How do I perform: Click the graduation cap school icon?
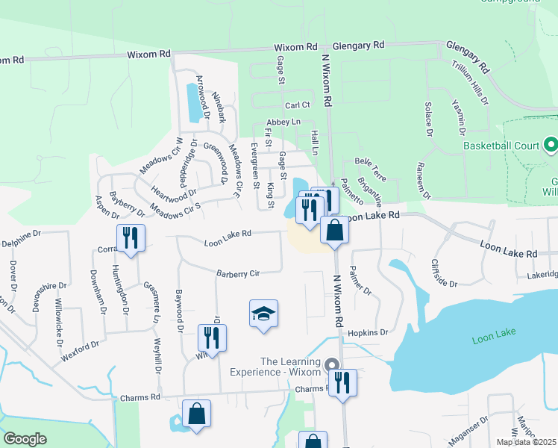(x=263, y=314)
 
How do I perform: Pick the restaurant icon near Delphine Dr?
(x=131, y=239)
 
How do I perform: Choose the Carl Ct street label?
(x=297, y=105)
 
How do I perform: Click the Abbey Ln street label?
(x=283, y=122)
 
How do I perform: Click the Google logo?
(x=25, y=439)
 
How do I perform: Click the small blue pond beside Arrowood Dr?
(x=193, y=103)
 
